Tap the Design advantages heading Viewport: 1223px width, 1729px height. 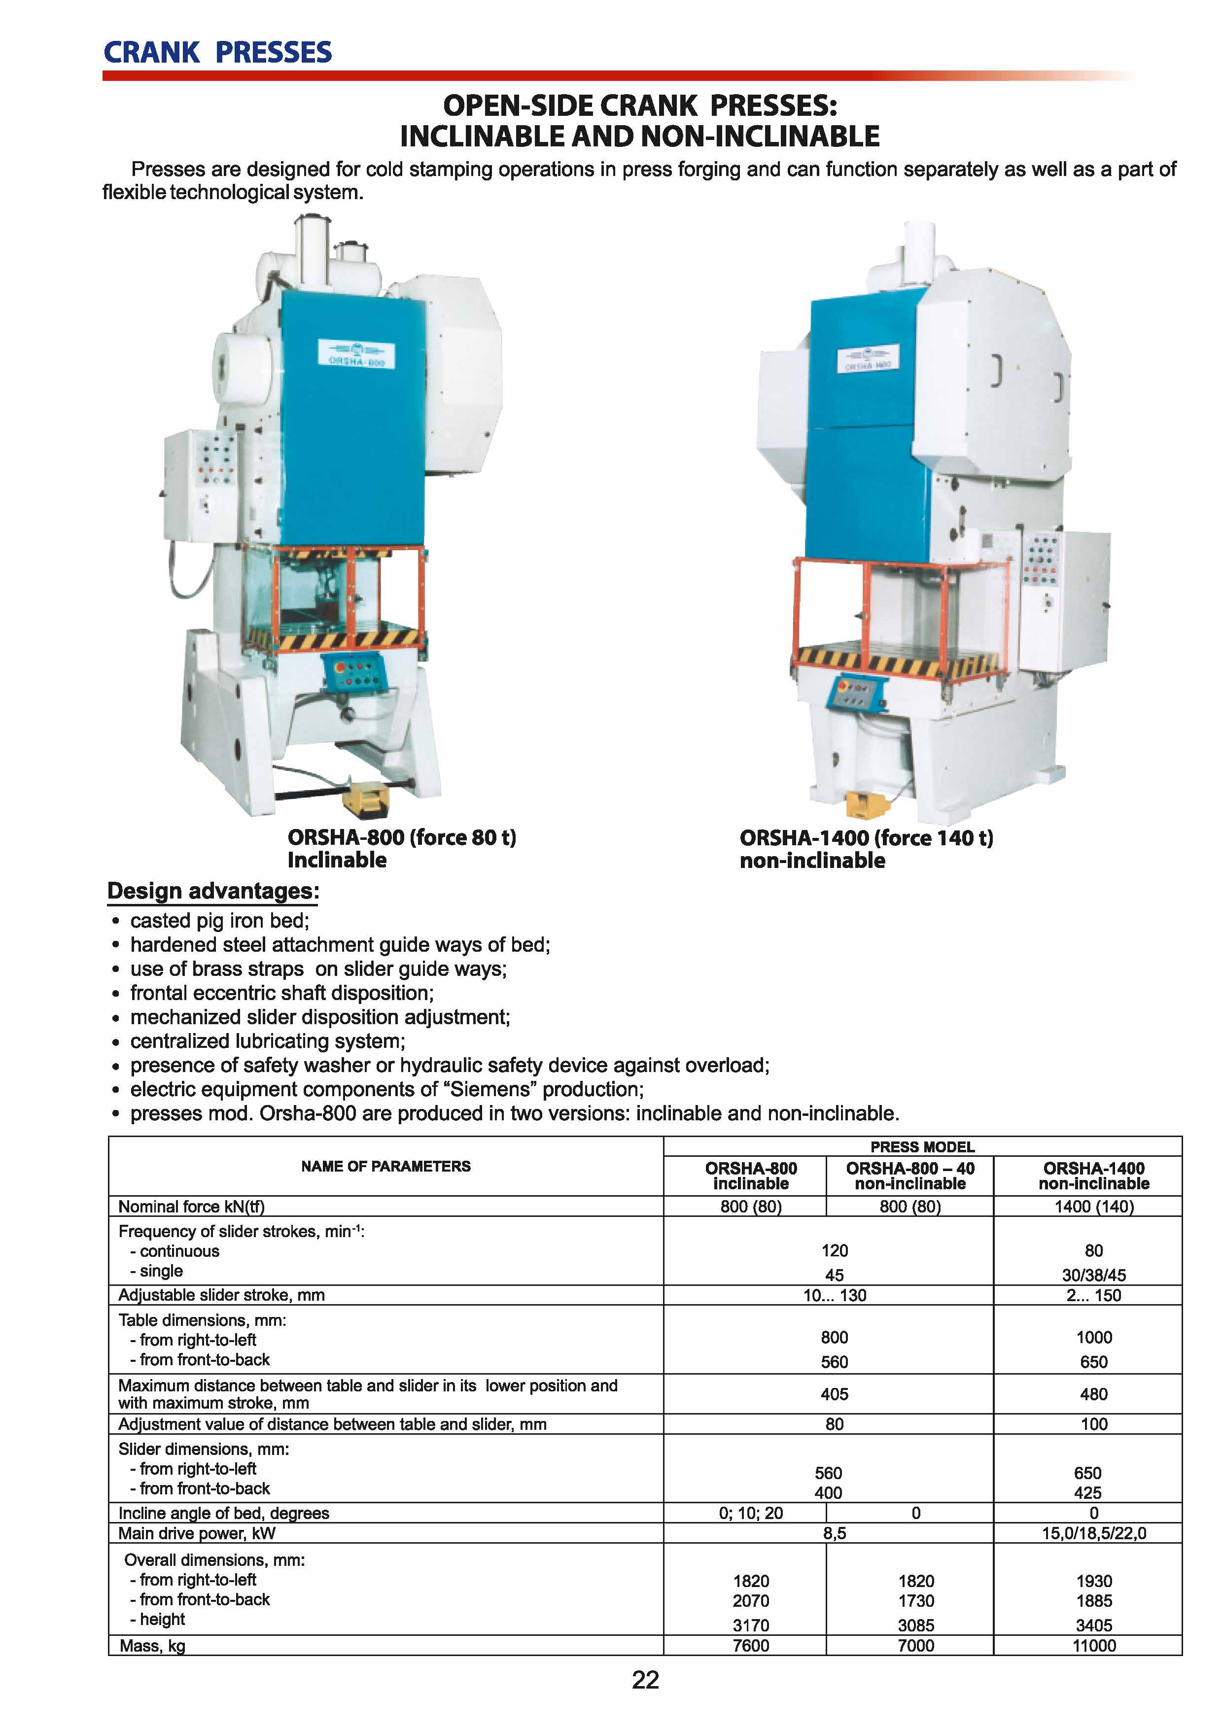pyautogui.click(x=213, y=891)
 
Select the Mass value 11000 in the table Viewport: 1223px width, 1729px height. pyautogui.click(x=1093, y=1645)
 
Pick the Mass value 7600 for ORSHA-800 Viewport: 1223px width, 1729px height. pyautogui.click(x=751, y=1645)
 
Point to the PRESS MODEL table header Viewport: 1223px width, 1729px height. pyautogui.click(x=922, y=1147)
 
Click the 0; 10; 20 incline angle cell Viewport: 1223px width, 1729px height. pyautogui.click(x=751, y=1513)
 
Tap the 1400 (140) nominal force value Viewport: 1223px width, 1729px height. pyautogui.click(x=1093, y=1207)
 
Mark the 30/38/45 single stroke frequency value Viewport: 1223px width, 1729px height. pyautogui.click(x=1093, y=1275)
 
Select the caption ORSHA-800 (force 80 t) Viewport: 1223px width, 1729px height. pyautogui.click(x=401, y=837)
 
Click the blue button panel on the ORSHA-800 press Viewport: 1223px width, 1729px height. pyautogui.click(x=354, y=672)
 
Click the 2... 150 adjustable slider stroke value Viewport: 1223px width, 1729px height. pyautogui.click(x=1093, y=1295)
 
